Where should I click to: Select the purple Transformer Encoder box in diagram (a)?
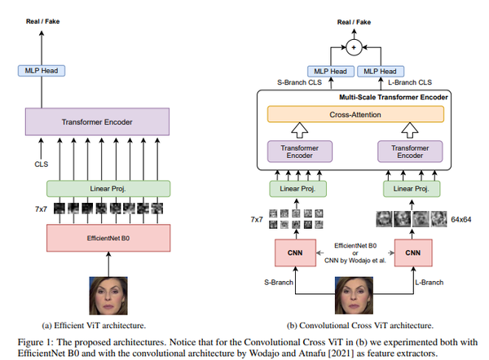97,122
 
